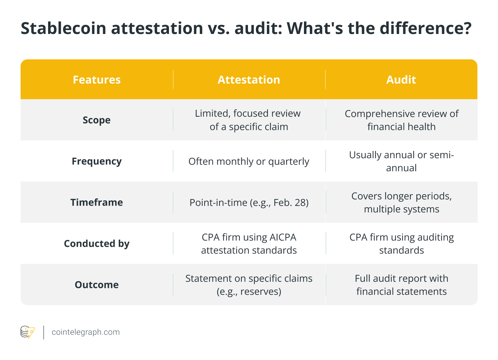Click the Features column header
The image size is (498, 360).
coord(97,80)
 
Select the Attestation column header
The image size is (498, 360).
coord(249,80)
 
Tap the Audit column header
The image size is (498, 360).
coord(401,80)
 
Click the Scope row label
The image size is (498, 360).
coord(97,120)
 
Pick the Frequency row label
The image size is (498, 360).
coord(97,161)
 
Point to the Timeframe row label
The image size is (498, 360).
coord(97,202)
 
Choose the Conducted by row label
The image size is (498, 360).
coord(97,244)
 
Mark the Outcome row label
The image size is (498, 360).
coord(97,285)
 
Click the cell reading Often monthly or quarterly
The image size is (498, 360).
coord(249,161)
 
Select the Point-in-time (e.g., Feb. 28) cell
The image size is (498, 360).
coord(249,202)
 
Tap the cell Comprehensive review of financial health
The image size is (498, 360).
coord(401,120)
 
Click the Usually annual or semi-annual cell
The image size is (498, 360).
coord(401,161)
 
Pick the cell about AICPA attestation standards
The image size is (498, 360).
coord(249,244)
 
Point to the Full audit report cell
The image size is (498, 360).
coord(401,285)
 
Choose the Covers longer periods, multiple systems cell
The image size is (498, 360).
coord(401,202)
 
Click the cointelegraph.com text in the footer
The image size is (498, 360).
coord(86,332)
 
